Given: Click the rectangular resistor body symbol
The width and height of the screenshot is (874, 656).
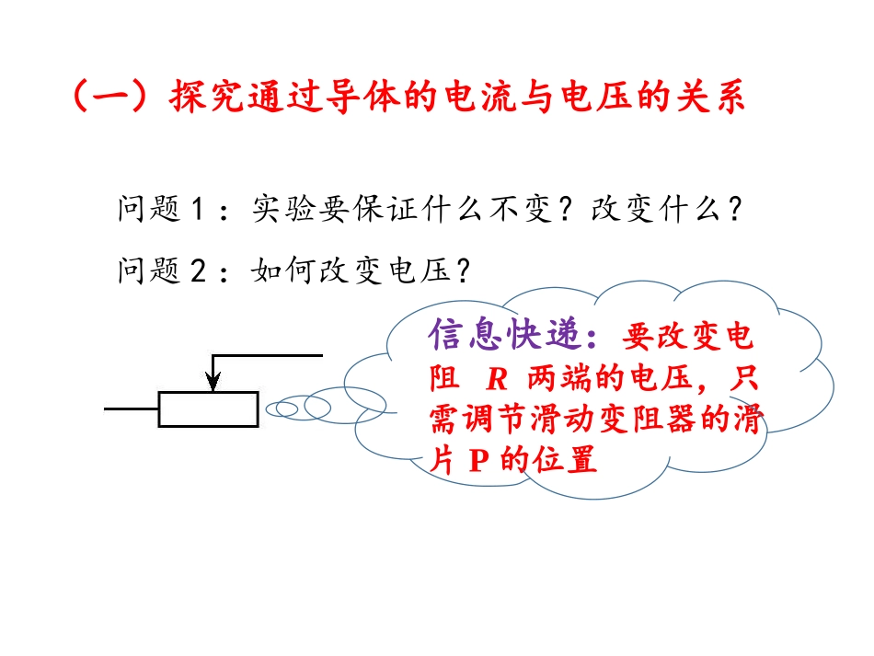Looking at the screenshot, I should click(x=208, y=409).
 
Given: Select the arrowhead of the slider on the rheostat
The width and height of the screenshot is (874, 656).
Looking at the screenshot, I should click(x=213, y=381).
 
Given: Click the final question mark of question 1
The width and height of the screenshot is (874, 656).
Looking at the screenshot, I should click(x=733, y=210).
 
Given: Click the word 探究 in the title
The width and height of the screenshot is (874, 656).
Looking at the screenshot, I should click(x=200, y=98).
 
